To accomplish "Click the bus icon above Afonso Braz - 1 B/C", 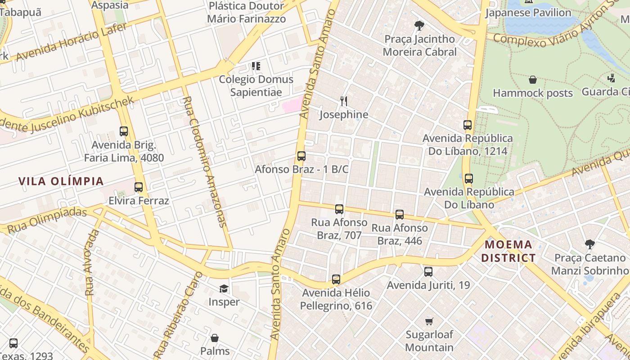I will coord(301,156).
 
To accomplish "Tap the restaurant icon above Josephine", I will coord(344,101).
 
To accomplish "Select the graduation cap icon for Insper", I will coord(224,288).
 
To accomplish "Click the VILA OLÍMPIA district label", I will coord(61,181).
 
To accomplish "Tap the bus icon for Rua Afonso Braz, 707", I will coord(339,209).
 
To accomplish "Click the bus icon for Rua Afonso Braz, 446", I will coord(400,215).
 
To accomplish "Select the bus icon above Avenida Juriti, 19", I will coord(428,272).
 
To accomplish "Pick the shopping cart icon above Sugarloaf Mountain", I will coord(429,321).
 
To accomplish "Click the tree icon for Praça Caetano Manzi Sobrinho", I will coord(589,244).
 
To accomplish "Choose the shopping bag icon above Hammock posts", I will coord(533,80).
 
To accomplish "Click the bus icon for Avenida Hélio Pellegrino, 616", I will coord(336,279).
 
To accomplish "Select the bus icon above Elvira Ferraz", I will coord(139,187).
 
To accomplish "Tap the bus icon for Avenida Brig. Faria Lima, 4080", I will coord(124,131).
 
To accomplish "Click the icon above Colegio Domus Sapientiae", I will coord(256,66).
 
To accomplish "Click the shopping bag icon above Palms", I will coord(215,337).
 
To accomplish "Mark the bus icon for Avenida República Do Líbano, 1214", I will coord(468,125).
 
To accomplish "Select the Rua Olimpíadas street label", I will coord(47,220).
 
